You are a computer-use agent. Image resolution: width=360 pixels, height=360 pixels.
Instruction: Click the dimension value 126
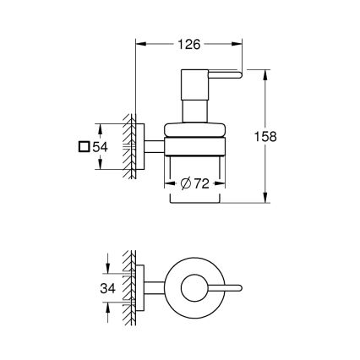(188, 40)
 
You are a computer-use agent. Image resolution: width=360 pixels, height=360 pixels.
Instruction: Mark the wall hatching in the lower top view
(131, 287)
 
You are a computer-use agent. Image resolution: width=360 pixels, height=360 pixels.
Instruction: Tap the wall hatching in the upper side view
(131, 145)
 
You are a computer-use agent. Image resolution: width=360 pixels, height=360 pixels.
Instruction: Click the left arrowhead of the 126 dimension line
(138, 40)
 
